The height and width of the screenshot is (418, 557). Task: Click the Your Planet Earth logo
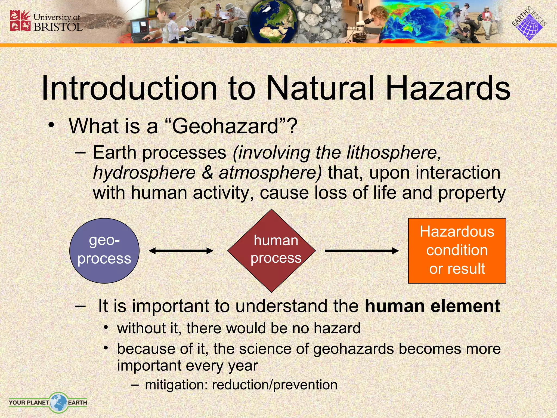coord(48,402)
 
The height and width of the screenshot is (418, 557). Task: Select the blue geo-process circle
coord(104,251)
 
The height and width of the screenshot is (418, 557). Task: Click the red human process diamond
coord(271,251)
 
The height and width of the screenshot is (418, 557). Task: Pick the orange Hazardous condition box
coord(457,251)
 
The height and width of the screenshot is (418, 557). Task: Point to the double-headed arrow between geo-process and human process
coord(181,251)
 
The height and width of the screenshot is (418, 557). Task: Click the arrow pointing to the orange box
coord(362,251)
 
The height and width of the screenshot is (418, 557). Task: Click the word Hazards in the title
coord(448,88)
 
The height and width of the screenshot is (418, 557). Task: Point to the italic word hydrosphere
coord(144,173)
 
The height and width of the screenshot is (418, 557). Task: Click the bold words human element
coord(432,306)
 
